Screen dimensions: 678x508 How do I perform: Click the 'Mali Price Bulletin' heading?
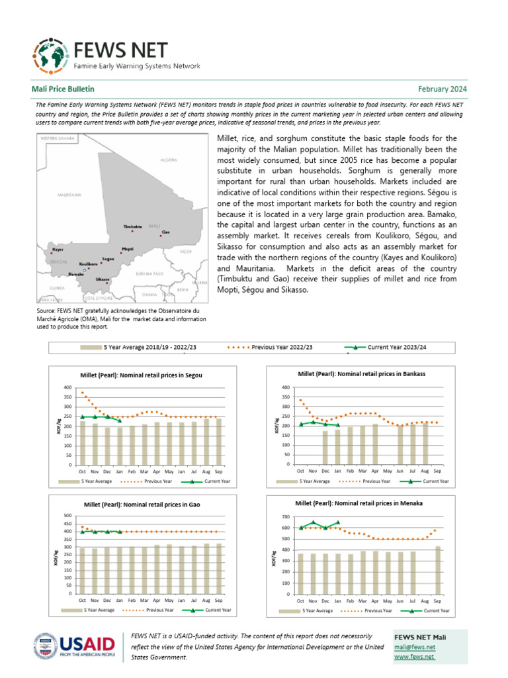(63, 89)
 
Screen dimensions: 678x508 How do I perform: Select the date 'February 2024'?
(443, 89)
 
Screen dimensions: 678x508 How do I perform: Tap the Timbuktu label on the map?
(133, 227)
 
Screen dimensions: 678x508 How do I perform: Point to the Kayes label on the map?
(58, 250)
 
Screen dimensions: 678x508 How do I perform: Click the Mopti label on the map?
(127, 250)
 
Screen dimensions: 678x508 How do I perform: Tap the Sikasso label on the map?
(102, 279)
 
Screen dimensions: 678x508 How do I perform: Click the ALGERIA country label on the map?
(169, 160)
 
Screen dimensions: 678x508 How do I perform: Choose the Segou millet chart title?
(140, 375)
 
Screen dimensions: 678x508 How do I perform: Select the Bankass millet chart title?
(361, 374)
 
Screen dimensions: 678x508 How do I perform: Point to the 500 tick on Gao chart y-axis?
(67, 516)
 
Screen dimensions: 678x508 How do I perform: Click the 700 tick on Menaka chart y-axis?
(286, 516)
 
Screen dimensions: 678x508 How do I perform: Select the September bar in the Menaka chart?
(438, 570)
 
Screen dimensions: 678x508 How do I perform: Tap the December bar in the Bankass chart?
(325, 447)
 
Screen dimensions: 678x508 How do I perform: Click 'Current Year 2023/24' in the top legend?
(396, 347)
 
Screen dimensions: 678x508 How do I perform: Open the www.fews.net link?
(414, 657)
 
